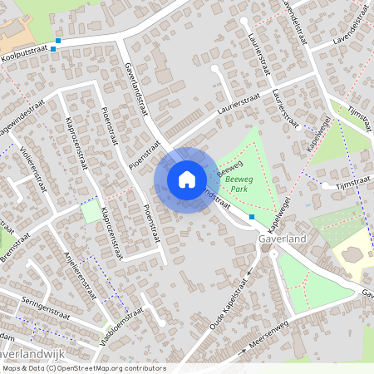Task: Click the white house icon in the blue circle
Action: [186, 179]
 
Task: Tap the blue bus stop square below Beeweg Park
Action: [252, 217]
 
